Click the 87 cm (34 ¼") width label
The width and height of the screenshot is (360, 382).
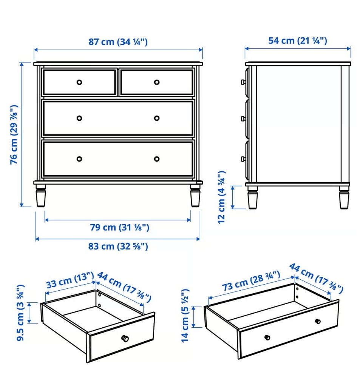(x=118, y=42)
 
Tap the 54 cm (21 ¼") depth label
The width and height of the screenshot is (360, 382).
(x=298, y=41)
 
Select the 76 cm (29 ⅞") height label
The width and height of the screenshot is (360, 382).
(x=14, y=135)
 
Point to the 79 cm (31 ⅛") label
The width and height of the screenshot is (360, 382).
(x=119, y=228)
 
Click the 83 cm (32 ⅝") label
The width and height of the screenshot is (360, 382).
(x=118, y=246)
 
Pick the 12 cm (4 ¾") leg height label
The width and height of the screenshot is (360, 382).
(x=221, y=197)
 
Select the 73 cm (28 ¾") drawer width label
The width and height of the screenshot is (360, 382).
(x=251, y=281)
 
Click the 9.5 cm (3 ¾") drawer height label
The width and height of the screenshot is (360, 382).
(x=20, y=313)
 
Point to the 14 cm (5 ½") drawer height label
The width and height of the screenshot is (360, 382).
(x=185, y=316)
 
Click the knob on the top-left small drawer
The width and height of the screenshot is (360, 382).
(x=79, y=82)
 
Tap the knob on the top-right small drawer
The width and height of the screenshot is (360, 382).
(x=157, y=82)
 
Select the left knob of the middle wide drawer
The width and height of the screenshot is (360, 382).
(x=79, y=118)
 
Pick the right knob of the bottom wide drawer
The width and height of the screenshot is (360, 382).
(x=157, y=159)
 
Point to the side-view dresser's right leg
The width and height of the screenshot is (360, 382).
(x=344, y=197)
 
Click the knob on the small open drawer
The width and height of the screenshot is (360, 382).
(x=125, y=338)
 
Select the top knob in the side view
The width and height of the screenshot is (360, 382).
(x=243, y=82)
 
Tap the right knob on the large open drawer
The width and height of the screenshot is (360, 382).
(x=318, y=321)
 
